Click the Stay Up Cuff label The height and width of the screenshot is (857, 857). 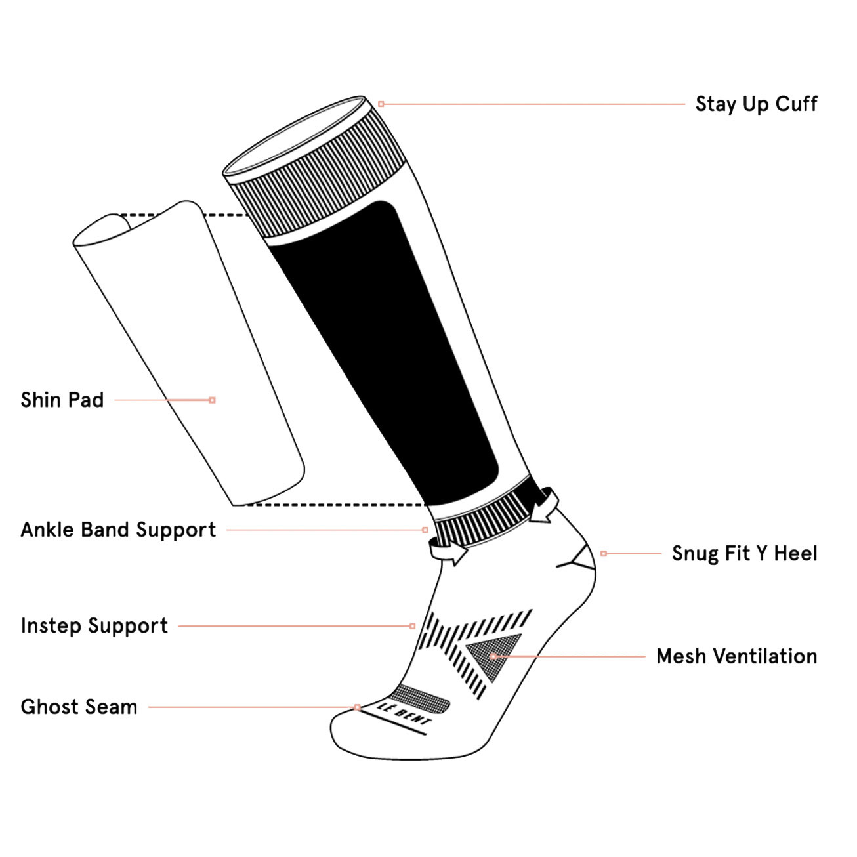(756, 104)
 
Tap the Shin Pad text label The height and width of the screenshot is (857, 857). (62, 400)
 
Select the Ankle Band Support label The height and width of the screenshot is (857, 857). (118, 530)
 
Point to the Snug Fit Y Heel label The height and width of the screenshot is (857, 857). (745, 554)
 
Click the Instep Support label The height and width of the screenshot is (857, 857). (94, 626)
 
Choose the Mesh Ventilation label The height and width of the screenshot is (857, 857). (736, 656)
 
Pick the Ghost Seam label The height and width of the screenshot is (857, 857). (79, 707)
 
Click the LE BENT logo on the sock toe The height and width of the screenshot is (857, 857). (404, 714)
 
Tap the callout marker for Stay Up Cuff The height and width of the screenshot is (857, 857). (381, 104)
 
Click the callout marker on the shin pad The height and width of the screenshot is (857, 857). (213, 400)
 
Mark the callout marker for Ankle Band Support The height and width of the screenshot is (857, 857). (425, 530)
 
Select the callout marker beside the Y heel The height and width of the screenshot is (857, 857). (604, 554)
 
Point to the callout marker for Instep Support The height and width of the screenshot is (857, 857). (413, 626)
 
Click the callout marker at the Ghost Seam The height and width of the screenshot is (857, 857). (357, 707)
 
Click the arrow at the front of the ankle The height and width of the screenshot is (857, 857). (448, 552)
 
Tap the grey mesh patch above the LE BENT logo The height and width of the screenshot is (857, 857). (420, 698)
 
